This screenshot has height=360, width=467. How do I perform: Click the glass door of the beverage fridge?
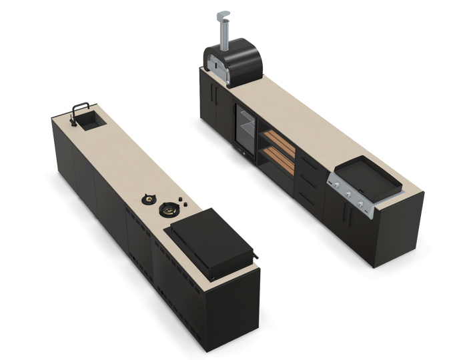click(244, 130)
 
